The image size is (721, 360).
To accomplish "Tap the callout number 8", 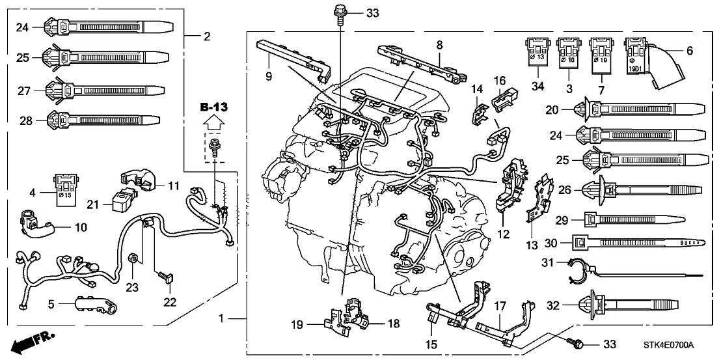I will (439, 45).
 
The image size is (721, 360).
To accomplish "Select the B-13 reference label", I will (213, 106).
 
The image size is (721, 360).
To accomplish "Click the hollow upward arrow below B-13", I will (213, 122).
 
